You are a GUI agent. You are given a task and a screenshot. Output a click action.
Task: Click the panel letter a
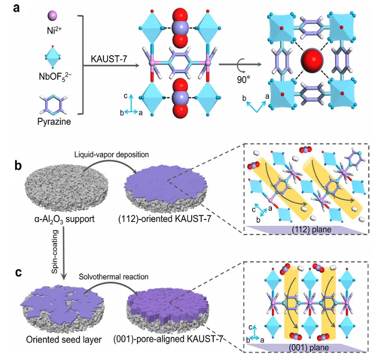tap(8, 8)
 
